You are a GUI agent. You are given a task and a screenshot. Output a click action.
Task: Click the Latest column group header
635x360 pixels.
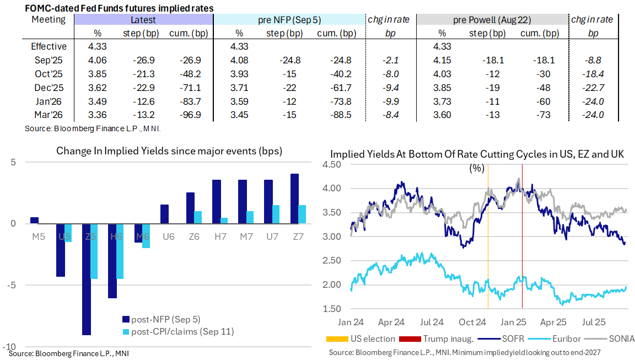point(143,20)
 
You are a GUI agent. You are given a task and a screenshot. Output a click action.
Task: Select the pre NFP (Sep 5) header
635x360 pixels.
point(289,20)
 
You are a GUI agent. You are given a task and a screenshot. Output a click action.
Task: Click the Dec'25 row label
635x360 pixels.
point(49,87)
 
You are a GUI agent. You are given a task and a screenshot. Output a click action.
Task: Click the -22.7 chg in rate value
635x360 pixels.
point(593,87)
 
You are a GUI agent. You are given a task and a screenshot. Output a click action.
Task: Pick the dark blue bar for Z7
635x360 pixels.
point(295,198)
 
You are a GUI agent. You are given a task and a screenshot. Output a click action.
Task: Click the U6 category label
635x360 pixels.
point(168,237)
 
